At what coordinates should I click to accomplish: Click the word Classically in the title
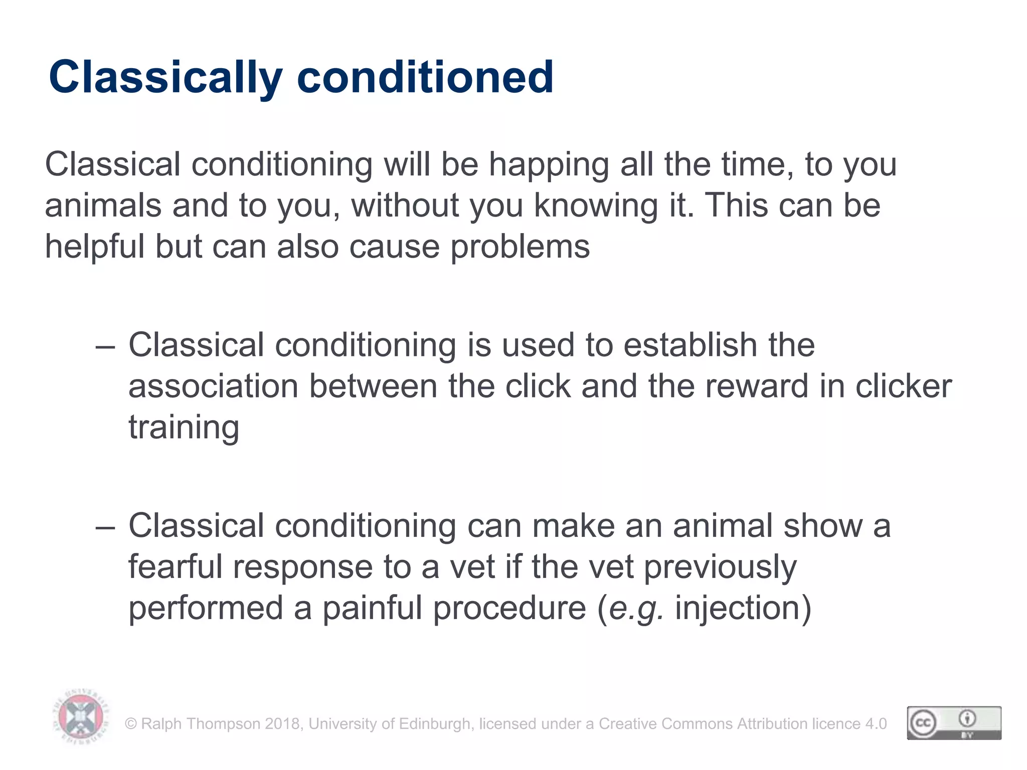(x=165, y=78)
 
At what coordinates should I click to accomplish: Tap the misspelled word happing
(x=549, y=165)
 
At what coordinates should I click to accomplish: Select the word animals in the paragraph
(x=103, y=206)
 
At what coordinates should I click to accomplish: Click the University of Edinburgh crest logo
(x=81, y=716)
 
